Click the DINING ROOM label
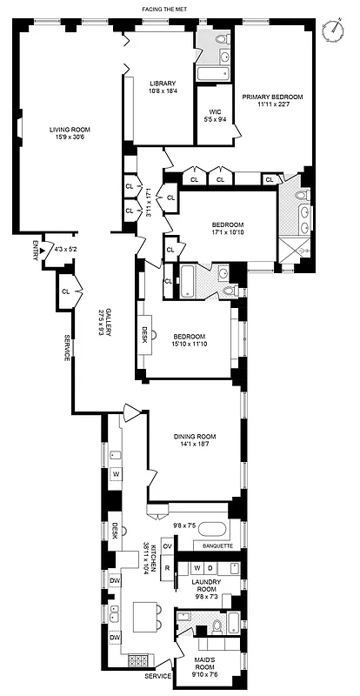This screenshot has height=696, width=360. (x=193, y=441)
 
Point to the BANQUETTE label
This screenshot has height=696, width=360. (x=217, y=546)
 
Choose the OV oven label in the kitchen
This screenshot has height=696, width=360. (x=167, y=546)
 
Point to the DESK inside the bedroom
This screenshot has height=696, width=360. (x=145, y=333)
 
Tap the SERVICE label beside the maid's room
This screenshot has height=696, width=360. (x=157, y=676)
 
